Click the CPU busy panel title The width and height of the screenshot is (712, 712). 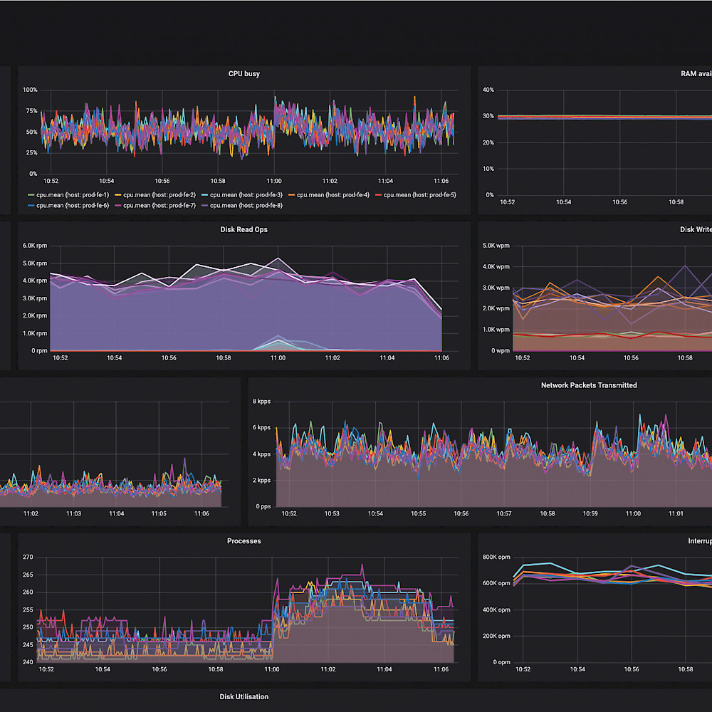(x=244, y=73)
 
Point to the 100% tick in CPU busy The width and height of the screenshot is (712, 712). (x=30, y=90)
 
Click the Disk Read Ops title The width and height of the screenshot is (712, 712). (x=244, y=229)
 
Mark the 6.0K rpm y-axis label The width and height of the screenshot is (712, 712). (x=35, y=246)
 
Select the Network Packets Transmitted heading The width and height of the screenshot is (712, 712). (x=589, y=385)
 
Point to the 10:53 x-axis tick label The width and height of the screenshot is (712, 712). (x=333, y=513)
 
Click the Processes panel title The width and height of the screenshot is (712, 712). (x=244, y=541)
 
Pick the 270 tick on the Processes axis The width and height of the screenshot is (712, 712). (x=28, y=557)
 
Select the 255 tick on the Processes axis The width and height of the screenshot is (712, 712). (x=28, y=609)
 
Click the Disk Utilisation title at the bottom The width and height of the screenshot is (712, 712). (x=244, y=696)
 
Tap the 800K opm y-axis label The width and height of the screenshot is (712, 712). (x=496, y=557)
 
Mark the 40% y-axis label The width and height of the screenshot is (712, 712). (x=488, y=90)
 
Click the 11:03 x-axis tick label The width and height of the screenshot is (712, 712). (x=73, y=513)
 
